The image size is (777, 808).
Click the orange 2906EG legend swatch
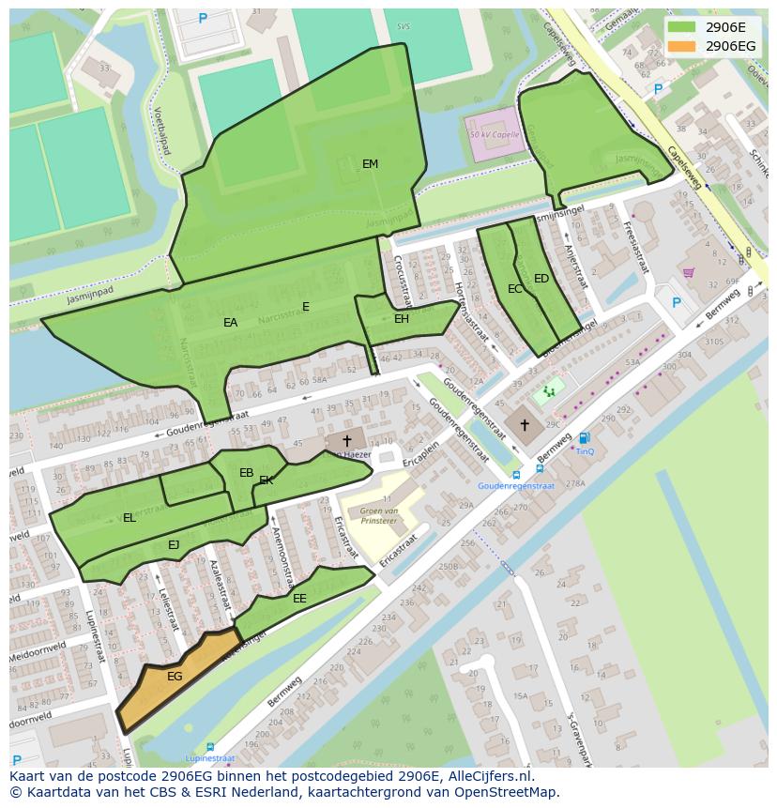coord(682,46)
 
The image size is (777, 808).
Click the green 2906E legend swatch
coord(682,27)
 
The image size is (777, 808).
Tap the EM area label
coord(370,164)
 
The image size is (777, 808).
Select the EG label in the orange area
coord(175,677)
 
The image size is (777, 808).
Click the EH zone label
coord(401,319)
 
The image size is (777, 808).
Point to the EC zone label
coord(514,289)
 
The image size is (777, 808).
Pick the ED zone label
coord(541,279)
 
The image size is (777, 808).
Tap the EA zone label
coord(230,323)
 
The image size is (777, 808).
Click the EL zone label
coord(129,518)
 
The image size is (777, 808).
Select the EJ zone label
coord(174,545)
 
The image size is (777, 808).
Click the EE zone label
coord(299,599)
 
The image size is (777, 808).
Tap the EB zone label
coord(246,473)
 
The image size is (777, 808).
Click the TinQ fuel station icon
coord(585,438)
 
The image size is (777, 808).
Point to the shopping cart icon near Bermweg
coord(688,273)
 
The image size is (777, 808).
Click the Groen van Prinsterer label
coord(373,515)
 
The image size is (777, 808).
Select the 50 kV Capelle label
coord(494,134)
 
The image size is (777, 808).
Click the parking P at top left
coord(203,19)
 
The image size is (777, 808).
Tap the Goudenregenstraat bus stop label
coord(516,486)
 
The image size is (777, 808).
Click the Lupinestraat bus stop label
coord(209,758)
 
